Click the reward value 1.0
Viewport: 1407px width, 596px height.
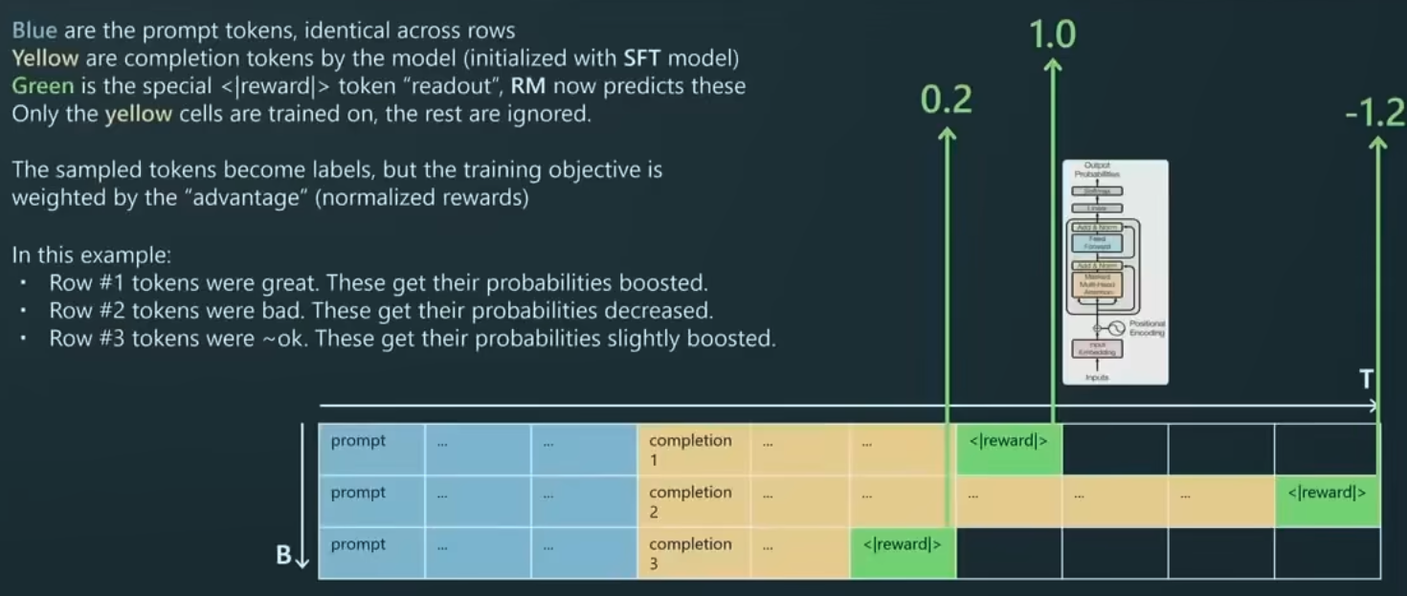coord(1052,34)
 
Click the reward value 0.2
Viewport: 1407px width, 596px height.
coord(946,99)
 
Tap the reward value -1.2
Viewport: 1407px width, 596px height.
coord(1374,114)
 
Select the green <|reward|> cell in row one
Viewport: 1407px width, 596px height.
coord(1009,450)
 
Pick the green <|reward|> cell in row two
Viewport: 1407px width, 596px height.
coord(1327,501)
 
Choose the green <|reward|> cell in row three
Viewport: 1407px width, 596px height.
coord(903,553)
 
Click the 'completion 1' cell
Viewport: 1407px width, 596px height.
coord(690,450)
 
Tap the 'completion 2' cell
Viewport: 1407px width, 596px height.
coord(690,501)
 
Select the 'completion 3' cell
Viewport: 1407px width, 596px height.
coord(690,553)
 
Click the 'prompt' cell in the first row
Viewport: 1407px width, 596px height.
coord(370,450)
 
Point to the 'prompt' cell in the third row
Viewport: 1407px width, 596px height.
coord(370,553)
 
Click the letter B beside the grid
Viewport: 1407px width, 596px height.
coord(283,555)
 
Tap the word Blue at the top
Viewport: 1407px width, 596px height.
coord(34,31)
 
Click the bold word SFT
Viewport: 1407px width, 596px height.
coord(642,58)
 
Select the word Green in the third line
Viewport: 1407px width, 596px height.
coord(42,86)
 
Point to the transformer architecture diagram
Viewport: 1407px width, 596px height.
coord(1115,273)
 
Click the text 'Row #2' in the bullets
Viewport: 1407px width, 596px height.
coord(81,312)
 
